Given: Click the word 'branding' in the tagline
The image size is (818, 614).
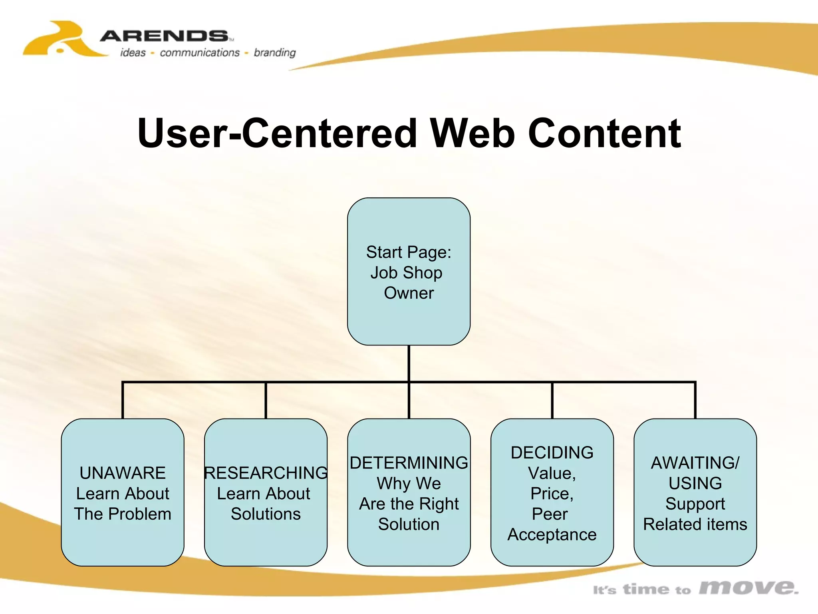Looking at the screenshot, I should click(x=275, y=53).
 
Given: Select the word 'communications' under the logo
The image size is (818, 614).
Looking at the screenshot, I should click(x=200, y=53).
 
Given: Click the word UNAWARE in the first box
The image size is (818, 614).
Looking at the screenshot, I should click(x=122, y=473).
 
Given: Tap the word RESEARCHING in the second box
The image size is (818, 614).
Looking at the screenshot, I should click(x=266, y=473).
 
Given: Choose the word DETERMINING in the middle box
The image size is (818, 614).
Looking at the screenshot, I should click(x=409, y=463).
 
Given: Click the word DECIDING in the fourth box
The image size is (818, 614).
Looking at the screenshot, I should click(x=552, y=453).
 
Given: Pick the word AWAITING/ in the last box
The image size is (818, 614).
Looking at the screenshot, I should click(x=695, y=463).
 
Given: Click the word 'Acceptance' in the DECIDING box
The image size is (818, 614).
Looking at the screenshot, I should click(x=552, y=534).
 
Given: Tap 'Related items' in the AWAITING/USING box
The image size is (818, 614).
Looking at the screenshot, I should click(x=695, y=524).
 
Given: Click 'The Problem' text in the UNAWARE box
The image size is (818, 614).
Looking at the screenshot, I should click(x=122, y=514).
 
